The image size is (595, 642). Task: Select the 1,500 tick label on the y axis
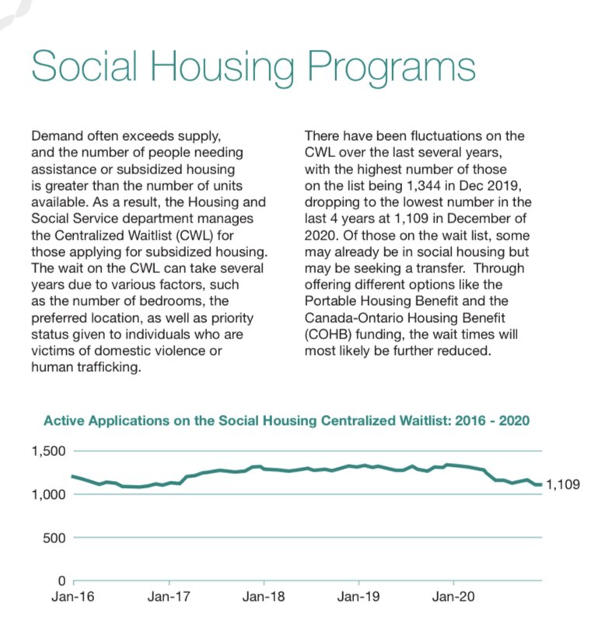click(49, 452)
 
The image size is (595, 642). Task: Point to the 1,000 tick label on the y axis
click(49, 495)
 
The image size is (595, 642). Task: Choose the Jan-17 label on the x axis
click(169, 599)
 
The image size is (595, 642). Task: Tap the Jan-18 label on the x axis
click(264, 599)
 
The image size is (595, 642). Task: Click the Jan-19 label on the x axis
click(359, 599)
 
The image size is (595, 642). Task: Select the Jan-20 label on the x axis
click(453, 599)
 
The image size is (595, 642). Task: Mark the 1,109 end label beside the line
click(565, 484)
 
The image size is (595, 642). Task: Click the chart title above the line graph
click(287, 421)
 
